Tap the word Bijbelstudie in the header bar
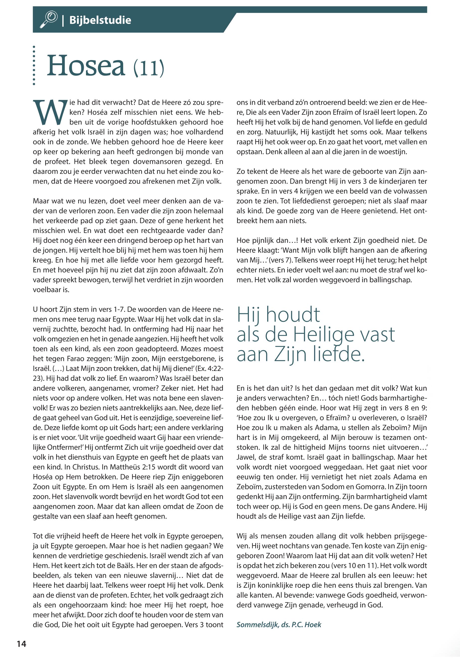(x=100, y=20)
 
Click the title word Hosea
(x=86, y=66)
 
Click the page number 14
(x=21, y=644)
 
